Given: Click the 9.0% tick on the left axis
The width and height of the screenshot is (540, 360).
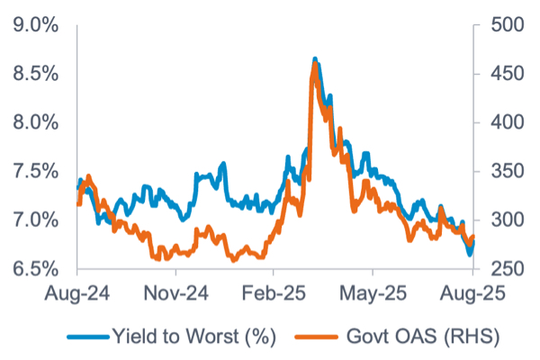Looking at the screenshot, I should [35, 25].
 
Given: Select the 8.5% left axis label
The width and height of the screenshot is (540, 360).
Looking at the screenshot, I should [35, 74].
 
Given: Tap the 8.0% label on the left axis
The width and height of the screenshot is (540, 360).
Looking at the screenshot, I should [35, 122].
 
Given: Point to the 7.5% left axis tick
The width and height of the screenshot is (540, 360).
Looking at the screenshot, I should [35, 171].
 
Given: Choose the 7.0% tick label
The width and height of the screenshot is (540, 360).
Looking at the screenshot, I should [35, 220].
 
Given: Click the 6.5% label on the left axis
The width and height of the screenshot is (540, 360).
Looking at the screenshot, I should [35, 269].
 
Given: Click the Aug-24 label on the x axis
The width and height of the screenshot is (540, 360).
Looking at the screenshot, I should [77, 293].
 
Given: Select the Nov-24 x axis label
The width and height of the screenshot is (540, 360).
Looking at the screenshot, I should [176, 293].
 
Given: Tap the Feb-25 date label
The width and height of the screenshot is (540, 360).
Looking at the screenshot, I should [274, 293].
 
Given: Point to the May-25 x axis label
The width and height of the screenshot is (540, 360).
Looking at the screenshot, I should [373, 293].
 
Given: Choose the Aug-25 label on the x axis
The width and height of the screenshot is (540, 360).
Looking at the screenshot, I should [472, 293].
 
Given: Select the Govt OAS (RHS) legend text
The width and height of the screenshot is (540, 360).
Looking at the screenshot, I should [414, 336].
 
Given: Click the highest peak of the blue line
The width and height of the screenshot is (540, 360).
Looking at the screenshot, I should [314, 59].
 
